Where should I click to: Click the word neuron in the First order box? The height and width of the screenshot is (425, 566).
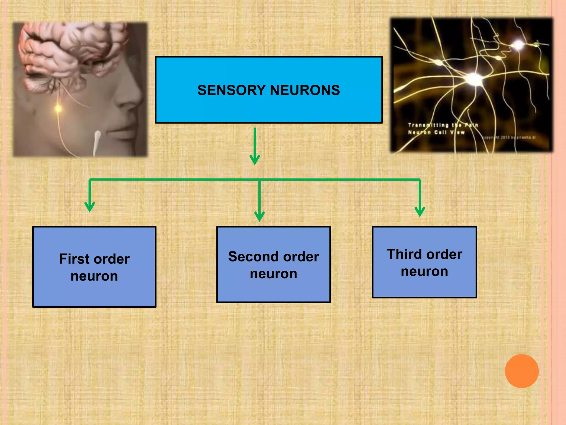tap(94, 276)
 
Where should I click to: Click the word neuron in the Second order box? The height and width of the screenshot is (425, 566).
tap(273, 274)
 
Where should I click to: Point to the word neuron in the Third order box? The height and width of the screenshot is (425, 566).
tap(424, 271)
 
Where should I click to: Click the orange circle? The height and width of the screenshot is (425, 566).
tap(522, 371)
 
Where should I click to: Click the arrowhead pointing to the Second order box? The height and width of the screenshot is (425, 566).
tap(259, 216)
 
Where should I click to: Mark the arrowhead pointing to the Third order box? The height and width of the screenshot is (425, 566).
tap(420, 212)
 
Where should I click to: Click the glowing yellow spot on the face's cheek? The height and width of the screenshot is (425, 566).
tap(58, 108)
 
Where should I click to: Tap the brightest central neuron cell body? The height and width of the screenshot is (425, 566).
tap(474, 79)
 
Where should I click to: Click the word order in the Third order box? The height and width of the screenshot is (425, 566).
tap(446, 254)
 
